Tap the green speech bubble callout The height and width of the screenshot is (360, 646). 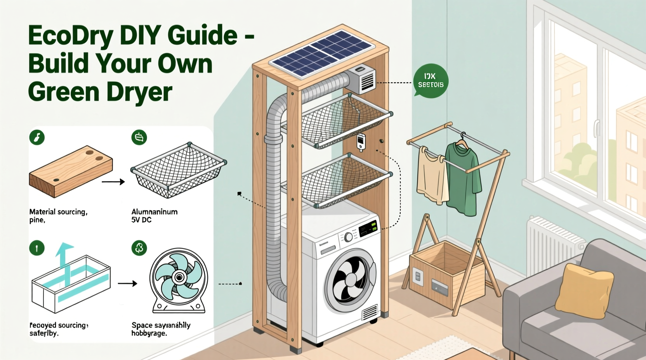431,81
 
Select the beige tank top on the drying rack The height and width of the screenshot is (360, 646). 431,177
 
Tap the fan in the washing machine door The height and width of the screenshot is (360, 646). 349,279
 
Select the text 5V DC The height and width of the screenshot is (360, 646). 141,220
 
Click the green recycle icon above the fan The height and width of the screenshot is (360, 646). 139,248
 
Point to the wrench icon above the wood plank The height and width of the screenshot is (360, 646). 37,137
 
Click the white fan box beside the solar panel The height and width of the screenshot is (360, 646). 362,80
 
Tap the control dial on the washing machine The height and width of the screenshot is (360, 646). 349,237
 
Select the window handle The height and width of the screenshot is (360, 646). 597,128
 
